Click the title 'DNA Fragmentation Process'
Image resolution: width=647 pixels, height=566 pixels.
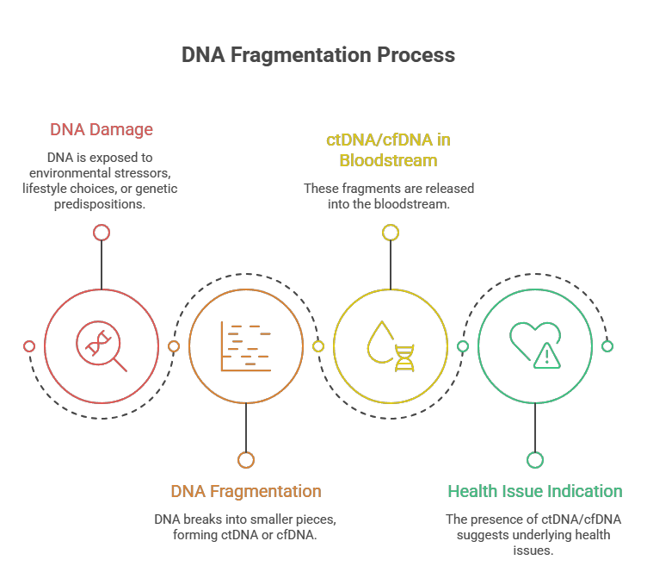click(x=318, y=55)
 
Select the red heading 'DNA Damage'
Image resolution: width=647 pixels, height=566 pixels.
click(x=102, y=130)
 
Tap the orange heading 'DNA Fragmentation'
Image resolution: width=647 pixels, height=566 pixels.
click(x=246, y=491)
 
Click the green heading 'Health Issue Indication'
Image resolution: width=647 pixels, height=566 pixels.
click(x=535, y=491)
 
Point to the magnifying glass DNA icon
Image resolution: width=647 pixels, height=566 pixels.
click(x=102, y=346)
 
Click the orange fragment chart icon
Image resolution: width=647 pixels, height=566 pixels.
click(x=246, y=346)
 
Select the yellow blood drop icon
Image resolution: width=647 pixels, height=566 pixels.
click(x=379, y=342)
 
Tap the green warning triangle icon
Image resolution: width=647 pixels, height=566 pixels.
click(x=546, y=356)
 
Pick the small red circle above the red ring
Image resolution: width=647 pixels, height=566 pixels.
click(x=102, y=233)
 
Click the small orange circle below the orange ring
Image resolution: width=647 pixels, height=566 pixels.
click(x=246, y=460)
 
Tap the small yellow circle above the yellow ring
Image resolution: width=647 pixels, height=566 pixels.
click(x=391, y=233)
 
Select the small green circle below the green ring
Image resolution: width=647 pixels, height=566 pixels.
click(x=535, y=460)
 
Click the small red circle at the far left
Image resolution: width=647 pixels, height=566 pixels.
click(x=29, y=346)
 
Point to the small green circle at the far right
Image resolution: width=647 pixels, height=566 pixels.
click(x=607, y=346)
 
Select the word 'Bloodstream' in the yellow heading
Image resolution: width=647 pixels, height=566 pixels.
click(x=388, y=160)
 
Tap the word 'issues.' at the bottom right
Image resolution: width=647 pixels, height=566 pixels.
click(x=533, y=550)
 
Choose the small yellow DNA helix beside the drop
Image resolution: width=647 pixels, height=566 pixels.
click(x=404, y=358)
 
